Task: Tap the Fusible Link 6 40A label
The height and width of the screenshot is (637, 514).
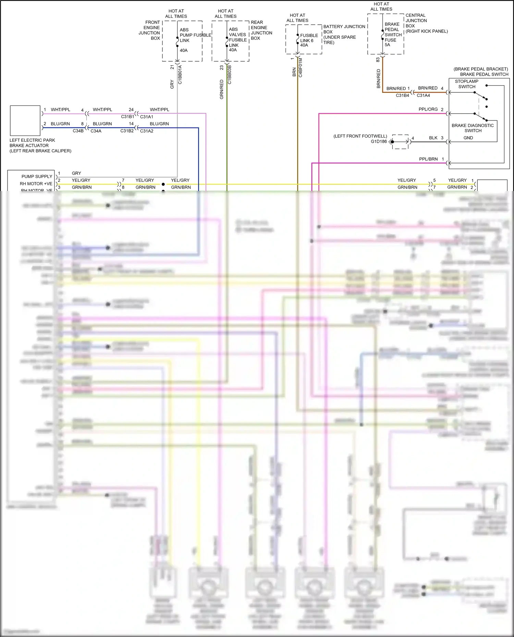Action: point(309,40)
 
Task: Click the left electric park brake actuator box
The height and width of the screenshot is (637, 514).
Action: point(25,120)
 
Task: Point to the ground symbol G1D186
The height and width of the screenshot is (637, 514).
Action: point(393,142)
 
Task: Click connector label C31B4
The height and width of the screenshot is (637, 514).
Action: point(402,95)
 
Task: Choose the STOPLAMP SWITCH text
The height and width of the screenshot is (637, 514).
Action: point(466,84)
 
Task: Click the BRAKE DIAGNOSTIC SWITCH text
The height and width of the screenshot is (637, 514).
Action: point(473,128)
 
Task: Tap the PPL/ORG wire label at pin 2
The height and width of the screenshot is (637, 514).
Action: point(428,110)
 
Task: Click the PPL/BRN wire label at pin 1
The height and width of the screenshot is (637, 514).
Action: point(428,159)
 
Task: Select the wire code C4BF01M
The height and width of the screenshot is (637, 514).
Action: point(301,67)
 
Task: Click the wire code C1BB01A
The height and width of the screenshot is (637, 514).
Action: point(180,75)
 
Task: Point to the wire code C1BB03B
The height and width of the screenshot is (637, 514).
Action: point(230,75)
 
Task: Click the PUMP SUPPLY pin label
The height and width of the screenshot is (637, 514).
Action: point(37,177)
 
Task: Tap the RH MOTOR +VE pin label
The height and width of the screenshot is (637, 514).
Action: point(36,184)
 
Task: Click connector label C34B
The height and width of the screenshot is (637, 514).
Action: point(78,131)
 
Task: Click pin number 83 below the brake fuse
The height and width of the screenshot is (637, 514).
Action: point(378,60)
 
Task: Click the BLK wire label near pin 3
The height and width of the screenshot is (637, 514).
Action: point(433,138)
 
